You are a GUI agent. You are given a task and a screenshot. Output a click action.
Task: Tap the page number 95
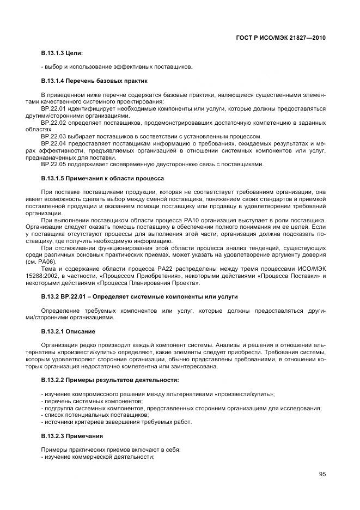click(x=322, y=474)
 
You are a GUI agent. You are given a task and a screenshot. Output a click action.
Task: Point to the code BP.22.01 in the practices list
click(x=53, y=108)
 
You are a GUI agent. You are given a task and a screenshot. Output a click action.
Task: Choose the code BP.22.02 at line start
click(x=53, y=123)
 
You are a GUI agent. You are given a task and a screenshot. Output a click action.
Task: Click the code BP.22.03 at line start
click(x=53, y=136)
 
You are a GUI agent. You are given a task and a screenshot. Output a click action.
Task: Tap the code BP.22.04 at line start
click(x=53, y=143)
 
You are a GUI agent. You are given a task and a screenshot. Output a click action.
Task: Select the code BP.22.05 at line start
click(x=53, y=164)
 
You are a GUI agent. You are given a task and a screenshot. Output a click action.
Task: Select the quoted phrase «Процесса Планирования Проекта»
click(x=151, y=283)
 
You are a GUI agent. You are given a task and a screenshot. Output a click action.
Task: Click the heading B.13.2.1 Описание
click(x=68, y=331)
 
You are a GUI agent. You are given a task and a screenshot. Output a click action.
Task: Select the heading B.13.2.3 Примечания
click(x=72, y=436)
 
